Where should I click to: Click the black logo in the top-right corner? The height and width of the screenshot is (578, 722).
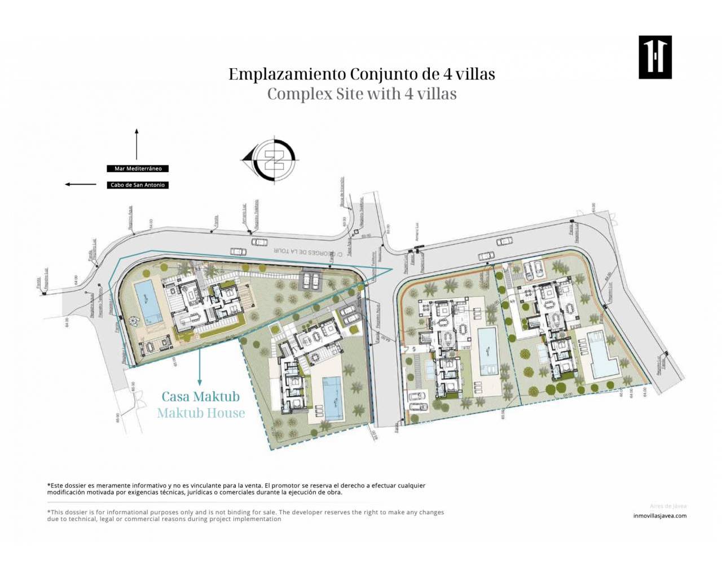[x=655, y=57]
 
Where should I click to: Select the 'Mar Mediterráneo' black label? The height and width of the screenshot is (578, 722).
[x=138, y=168]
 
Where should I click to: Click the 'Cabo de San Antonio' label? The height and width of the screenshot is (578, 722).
[x=138, y=185]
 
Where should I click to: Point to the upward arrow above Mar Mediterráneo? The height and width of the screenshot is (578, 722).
[x=137, y=144]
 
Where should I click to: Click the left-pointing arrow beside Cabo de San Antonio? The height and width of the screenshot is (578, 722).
[x=81, y=184]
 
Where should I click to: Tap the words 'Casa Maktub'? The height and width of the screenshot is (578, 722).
[x=200, y=396]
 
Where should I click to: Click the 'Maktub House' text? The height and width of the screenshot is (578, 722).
[x=201, y=413]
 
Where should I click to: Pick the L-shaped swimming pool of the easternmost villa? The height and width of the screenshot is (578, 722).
[x=601, y=355]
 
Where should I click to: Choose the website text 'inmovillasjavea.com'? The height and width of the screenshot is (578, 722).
[x=659, y=515]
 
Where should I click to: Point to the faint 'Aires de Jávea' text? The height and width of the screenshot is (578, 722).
[x=668, y=506]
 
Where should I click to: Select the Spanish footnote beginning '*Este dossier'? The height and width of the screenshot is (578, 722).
[x=236, y=489]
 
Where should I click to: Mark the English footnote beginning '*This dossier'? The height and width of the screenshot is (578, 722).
[x=245, y=515]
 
